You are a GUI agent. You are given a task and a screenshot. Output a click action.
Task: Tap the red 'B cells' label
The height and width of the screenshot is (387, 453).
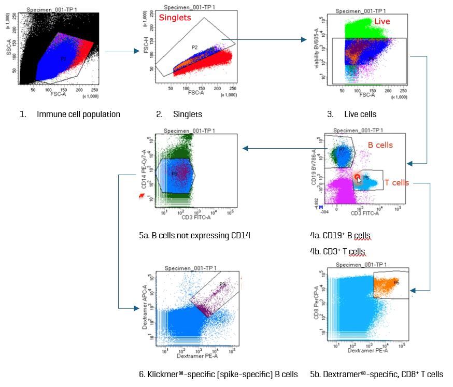379,145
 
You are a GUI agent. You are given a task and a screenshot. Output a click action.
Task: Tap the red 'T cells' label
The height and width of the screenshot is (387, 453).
397,182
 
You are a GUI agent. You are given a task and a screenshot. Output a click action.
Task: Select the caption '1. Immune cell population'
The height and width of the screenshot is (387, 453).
70,114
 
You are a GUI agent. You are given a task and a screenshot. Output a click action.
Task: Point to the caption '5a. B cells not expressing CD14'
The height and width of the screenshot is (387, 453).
194,236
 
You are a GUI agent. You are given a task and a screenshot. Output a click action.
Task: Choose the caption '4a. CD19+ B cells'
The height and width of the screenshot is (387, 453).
341,236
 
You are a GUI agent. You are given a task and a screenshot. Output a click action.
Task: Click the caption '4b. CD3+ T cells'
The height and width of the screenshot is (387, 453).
337,252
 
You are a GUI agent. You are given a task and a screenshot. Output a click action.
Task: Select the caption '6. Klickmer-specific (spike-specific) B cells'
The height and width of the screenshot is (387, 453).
218,374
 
